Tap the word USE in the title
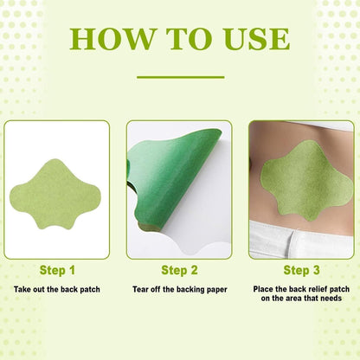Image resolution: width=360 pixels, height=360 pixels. click(250, 38)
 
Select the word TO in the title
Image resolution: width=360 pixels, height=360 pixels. click(182, 38)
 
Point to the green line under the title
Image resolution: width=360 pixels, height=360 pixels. click(180, 77)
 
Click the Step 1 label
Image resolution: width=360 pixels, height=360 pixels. click(57, 270)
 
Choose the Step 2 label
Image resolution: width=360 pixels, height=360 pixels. click(179, 270)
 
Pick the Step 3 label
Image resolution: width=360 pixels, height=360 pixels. click(301, 270)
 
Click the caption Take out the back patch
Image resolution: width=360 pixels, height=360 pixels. click(57, 289)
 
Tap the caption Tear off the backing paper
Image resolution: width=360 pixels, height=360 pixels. click(179, 289)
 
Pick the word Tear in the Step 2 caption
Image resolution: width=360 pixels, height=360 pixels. click(144, 289)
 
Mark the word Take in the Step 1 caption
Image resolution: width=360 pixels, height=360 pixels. click(22, 289)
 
